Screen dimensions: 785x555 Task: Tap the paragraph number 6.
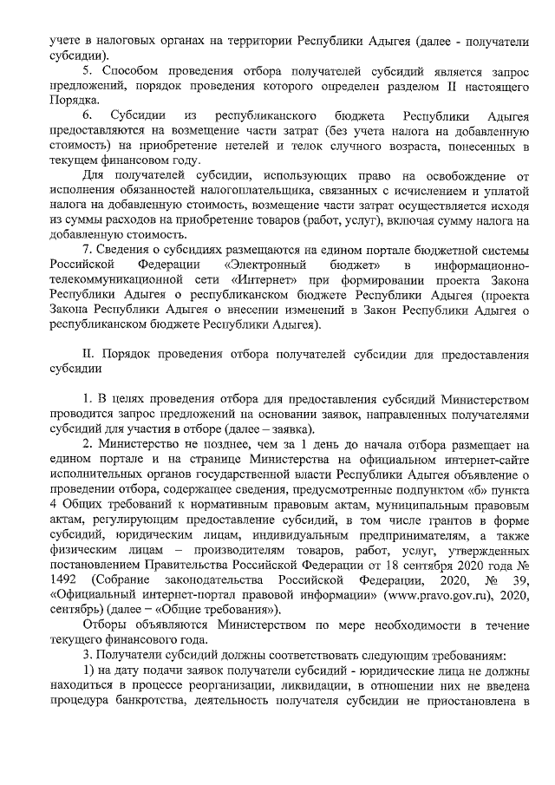tap(87, 115)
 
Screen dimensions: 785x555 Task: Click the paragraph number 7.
tap(85, 249)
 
